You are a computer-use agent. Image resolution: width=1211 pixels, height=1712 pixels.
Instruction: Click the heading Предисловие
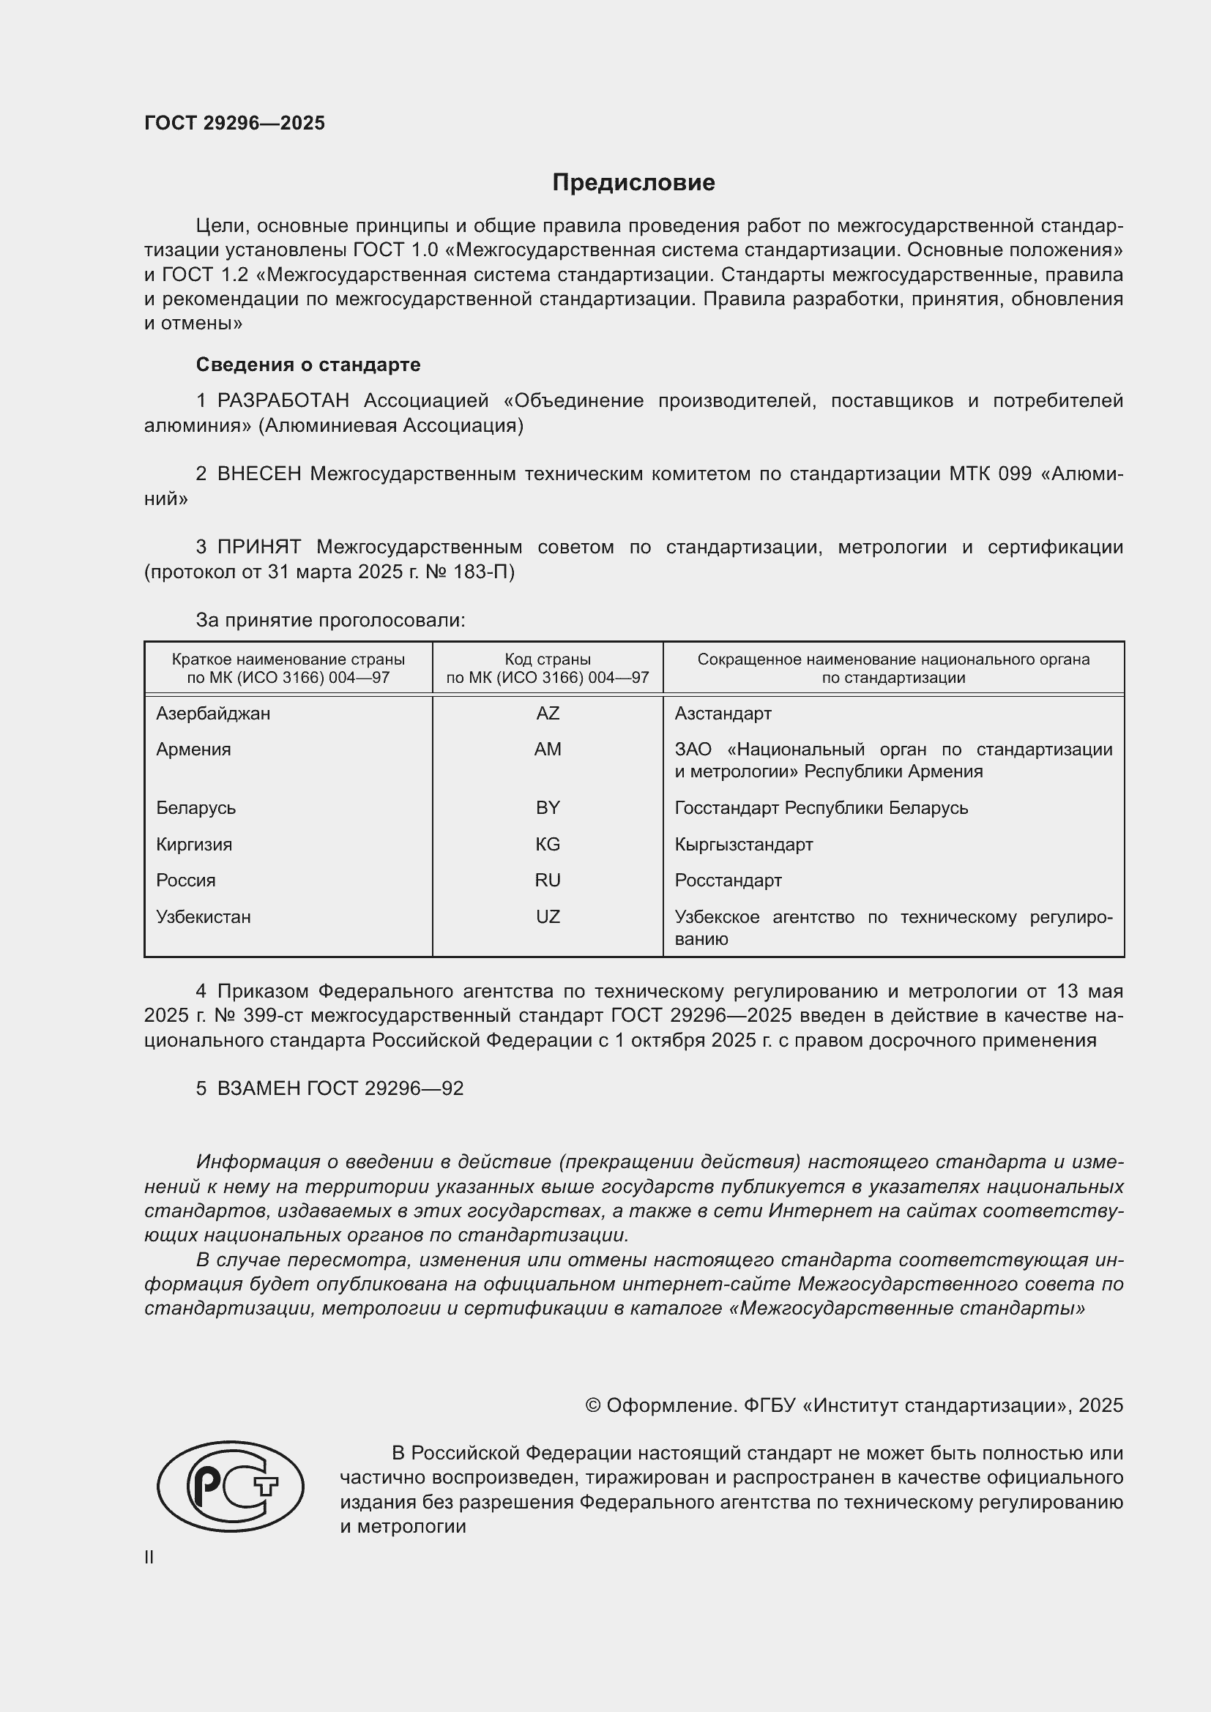[x=633, y=183]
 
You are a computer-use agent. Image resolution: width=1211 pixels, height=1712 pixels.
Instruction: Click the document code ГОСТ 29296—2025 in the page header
[x=234, y=123]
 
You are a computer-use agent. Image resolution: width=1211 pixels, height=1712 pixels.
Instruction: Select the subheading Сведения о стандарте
[x=308, y=365]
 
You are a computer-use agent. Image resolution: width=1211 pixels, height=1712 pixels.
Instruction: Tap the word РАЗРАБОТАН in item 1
[x=283, y=401]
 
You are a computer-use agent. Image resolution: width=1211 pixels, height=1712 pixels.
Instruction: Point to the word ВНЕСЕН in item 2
[x=258, y=474]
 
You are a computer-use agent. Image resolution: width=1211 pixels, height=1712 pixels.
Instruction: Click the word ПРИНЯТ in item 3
[x=258, y=547]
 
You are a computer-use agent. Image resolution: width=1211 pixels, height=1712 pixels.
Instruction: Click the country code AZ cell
[x=548, y=714]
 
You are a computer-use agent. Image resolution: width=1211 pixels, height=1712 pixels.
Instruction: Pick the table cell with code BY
[x=548, y=808]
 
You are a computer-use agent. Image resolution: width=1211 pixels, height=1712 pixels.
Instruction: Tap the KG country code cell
[x=548, y=845]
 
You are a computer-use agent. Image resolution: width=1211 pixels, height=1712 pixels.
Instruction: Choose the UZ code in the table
[x=548, y=917]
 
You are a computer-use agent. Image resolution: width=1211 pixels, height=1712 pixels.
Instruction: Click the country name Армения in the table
[x=193, y=750]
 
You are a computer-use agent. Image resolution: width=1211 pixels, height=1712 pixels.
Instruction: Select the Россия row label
[x=186, y=881]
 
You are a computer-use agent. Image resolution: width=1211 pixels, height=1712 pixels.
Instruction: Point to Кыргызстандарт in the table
[x=743, y=845]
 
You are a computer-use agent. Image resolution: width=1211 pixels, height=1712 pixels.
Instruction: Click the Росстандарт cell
[x=728, y=881]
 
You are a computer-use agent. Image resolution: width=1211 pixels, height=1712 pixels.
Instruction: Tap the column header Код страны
[x=548, y=659]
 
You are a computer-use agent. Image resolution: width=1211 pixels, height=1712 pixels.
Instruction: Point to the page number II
[x=149, y=1557]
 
